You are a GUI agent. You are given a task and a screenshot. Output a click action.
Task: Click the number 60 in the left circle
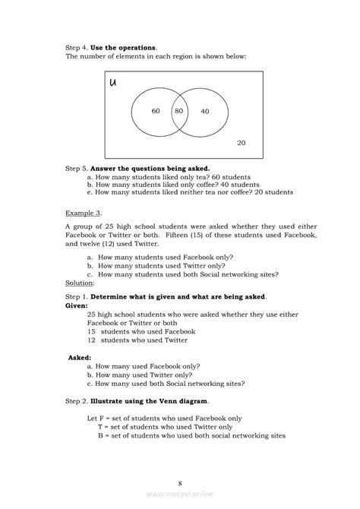(x=155, y=111)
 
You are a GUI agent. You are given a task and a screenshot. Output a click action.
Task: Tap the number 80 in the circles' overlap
(x=178, y=111)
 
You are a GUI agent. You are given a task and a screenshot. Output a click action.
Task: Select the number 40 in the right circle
(x=204, y=112)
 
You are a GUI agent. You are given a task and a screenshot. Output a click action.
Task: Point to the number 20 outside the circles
(x=241, y=143)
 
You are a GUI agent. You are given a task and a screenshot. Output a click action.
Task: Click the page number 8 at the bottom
(x=180, y=482)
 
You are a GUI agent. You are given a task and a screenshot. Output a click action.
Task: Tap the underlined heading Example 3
(x=83, y=213)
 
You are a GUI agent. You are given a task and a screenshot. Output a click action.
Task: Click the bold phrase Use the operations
(x=124, y=47)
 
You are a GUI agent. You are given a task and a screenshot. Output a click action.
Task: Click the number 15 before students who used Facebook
(x=92, y=330)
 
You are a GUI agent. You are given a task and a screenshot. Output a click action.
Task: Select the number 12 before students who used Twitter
(x=92, y=340)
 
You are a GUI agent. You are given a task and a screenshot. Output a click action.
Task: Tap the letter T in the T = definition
(x=100, y=427)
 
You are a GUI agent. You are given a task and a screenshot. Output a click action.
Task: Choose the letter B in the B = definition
(x=100, y=436)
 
